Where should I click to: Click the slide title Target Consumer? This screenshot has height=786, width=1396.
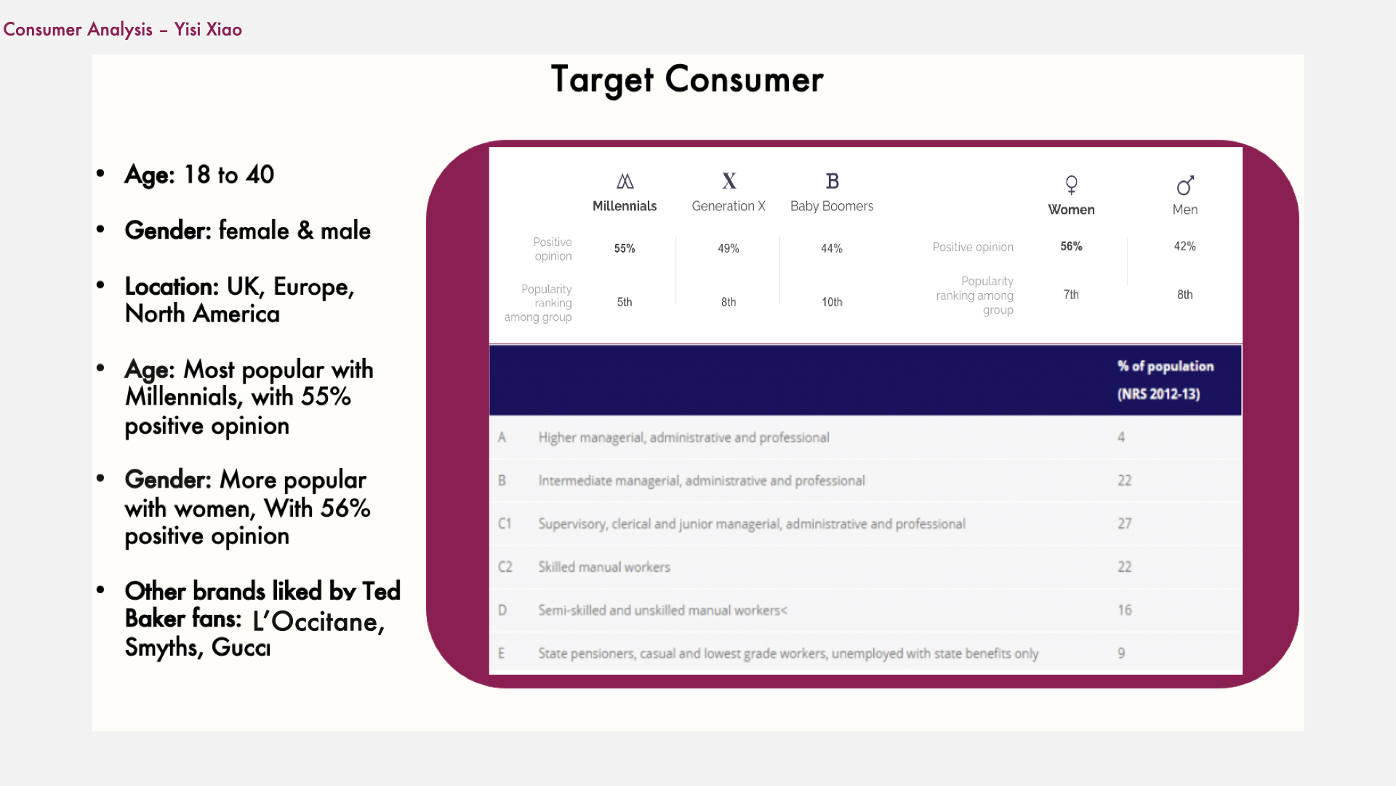687,80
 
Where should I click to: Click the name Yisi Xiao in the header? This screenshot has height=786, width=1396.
208,30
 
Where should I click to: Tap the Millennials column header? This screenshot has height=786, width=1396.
625,206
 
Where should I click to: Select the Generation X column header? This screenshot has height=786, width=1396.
729,206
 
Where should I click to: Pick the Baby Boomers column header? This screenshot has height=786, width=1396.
832,206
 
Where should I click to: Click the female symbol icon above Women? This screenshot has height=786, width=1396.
1071,185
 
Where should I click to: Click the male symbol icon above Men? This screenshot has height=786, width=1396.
1185,186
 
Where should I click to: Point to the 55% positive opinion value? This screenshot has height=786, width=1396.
625,248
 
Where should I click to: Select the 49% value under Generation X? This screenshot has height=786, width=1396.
728,248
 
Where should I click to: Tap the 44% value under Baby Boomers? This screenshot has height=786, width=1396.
832,248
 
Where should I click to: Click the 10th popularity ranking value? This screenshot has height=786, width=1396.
832,302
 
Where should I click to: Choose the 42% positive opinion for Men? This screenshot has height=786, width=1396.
1184,246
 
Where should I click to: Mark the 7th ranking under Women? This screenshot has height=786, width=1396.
1071,295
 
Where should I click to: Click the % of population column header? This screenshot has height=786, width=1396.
1166,380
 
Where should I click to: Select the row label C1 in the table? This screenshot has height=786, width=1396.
505,524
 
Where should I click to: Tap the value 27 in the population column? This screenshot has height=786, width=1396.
1125,524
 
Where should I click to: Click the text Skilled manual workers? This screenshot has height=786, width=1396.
604,567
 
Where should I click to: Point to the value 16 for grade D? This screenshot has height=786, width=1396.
1125,610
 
